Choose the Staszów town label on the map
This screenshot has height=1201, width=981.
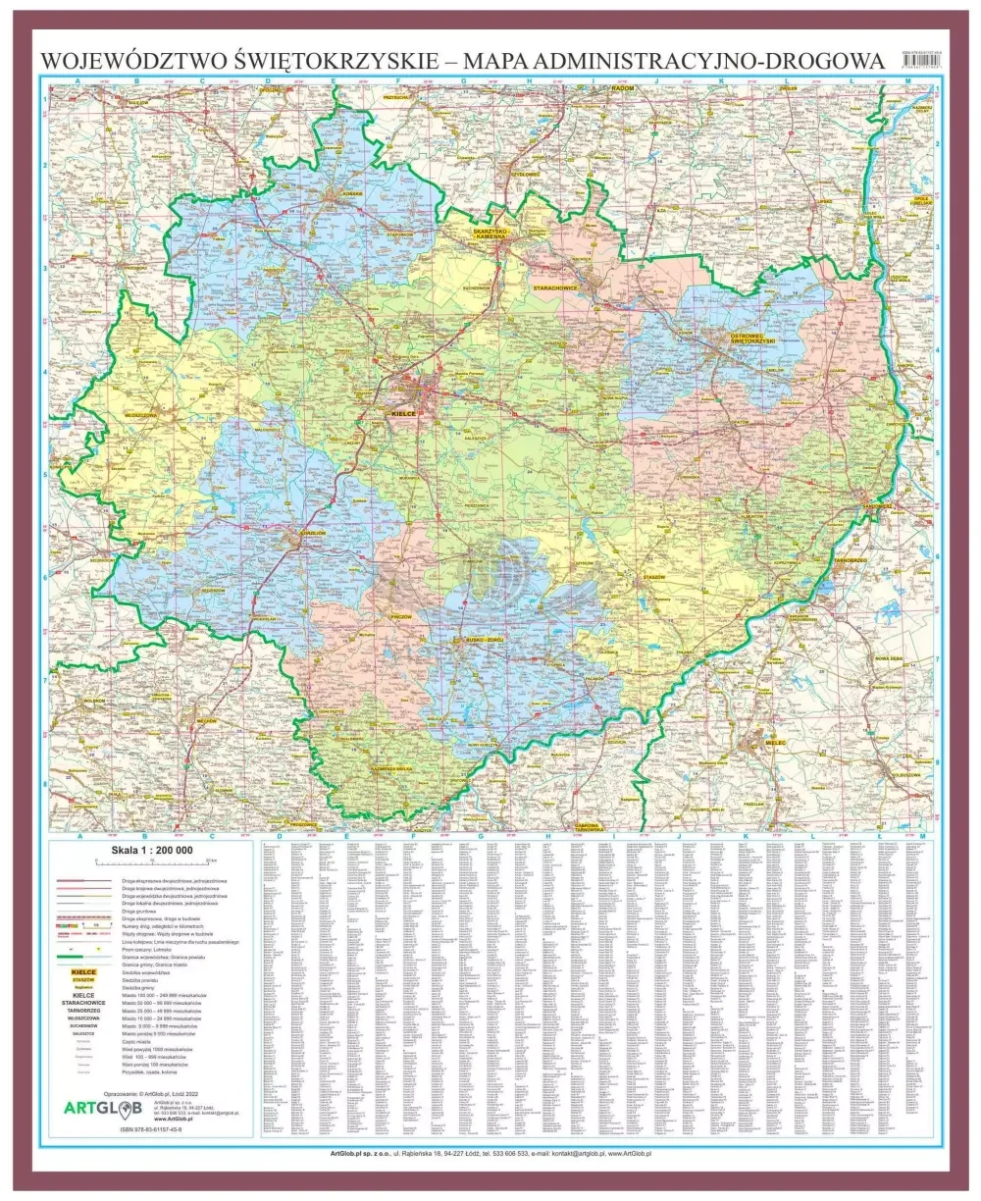(x=653, y=576)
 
